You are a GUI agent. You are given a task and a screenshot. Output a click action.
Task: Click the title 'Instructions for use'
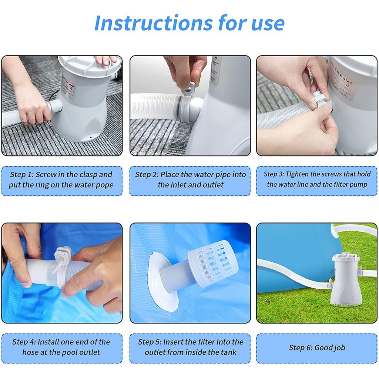tap(189, 23)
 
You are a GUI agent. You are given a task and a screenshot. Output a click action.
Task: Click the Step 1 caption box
tap(61, 180)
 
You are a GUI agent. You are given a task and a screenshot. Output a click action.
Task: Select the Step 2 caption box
tap(190, 180)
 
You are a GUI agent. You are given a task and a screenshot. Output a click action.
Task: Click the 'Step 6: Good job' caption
tap(317, 348)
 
